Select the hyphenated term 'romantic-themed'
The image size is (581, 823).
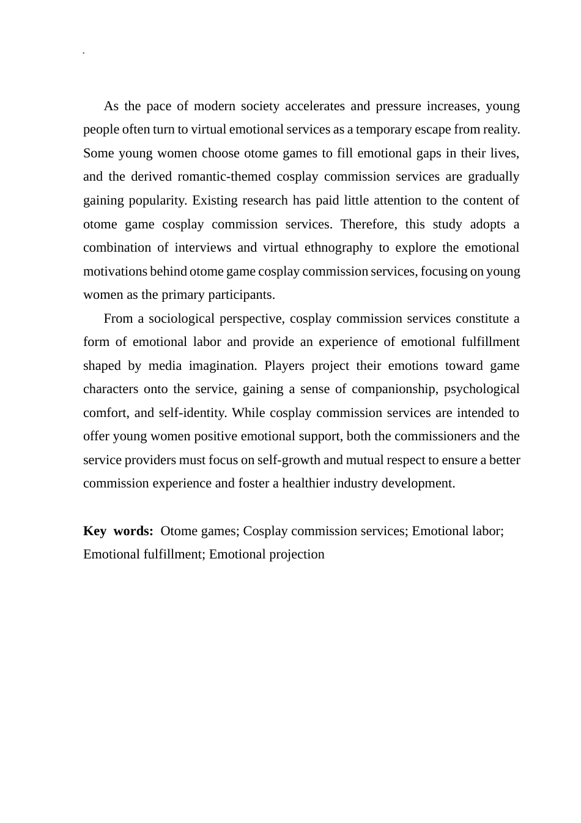click(x=224, y=177)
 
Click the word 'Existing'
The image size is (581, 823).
click(x=215, y=201)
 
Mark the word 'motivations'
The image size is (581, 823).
click(x=115, y=271)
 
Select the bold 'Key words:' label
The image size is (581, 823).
click(x=118, y=532)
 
